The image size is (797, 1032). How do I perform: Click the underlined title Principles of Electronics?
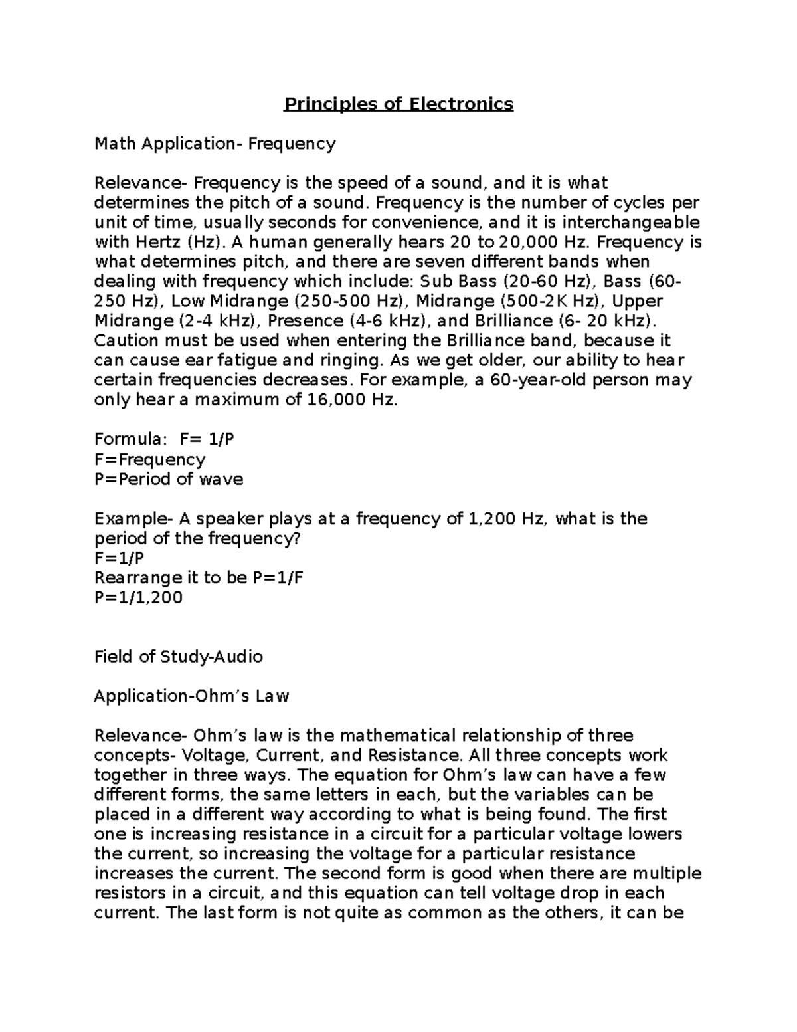(x=398, y=104)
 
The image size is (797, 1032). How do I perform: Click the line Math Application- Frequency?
(x=215, y=144)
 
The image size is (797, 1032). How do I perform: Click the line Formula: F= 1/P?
(x=165, y=439)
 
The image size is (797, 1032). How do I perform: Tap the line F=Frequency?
(x=150, y=459)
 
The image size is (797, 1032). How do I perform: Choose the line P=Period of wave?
(x=169, y=479)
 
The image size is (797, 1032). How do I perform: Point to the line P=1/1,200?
(x=138, y=597)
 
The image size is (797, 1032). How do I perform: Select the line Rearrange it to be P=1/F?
(x=199, y=577)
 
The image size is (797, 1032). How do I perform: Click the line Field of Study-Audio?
(x=179, y=657)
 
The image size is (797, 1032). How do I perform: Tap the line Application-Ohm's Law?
(x=192, y=696)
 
